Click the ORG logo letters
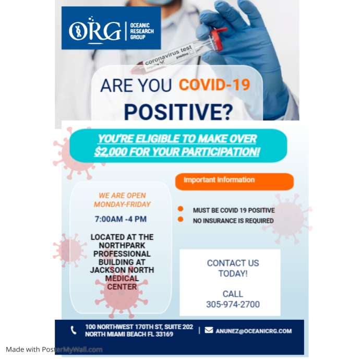pos(94,30)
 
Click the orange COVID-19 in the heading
pos(214,85)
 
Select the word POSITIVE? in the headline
pos(177,111)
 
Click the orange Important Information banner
pos(234,181)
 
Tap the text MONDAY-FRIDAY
pos(122,204)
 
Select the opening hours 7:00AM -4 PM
pos(121,219)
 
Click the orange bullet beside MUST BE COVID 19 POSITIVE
pos(181,209)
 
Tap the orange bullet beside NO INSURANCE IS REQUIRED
pos(181,220)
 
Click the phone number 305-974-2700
pos(233,304)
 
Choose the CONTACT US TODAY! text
pos(233,268)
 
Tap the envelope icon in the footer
pos(209,330)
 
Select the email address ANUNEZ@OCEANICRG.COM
pos(254,331)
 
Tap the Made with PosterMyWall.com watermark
pos(54,350)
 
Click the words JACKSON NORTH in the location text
pos(122,270)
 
